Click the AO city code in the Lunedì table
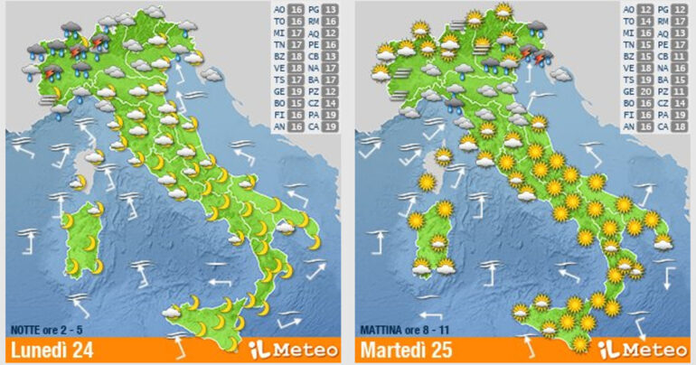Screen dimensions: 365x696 [279, 10]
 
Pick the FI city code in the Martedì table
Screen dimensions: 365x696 [628, 116]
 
